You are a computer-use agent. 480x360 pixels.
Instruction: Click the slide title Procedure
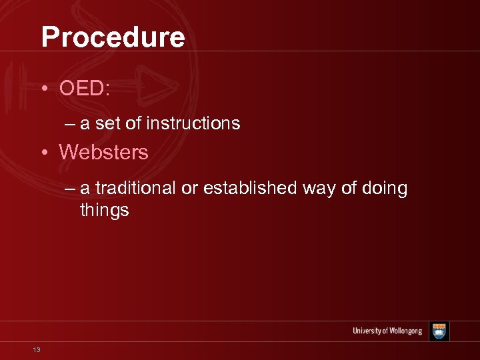point(113,37)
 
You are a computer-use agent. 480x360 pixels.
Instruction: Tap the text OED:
point(84,89)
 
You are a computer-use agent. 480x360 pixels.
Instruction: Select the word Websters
point(103,152)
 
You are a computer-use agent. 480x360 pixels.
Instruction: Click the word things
point(104,211)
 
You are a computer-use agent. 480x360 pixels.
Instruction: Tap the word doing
point(385,189)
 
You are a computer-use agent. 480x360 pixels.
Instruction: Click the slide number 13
point(36,349)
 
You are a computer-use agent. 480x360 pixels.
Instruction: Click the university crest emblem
point(439,331)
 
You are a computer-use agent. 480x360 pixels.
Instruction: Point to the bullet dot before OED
point(43,89)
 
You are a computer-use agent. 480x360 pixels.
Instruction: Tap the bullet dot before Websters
point(43,153)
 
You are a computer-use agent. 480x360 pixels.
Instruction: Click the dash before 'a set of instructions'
point(71,123)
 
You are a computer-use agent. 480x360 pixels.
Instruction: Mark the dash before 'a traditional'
point(71,189)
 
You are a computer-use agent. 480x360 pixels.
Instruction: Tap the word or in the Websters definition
point(190,189)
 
